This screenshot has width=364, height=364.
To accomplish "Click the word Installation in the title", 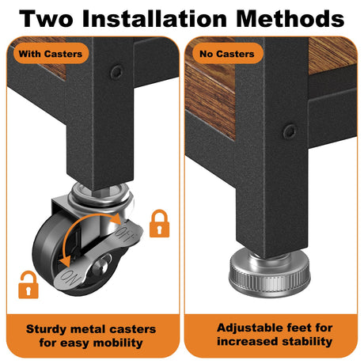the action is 154,19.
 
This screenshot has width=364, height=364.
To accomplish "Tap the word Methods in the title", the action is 290,19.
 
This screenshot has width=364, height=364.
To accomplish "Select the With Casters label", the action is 51,54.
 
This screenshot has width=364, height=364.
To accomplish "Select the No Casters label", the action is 227,54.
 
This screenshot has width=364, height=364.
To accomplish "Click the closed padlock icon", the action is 159,223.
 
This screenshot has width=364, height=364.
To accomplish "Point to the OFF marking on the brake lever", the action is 126,233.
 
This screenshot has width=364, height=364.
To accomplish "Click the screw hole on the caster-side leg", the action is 116,72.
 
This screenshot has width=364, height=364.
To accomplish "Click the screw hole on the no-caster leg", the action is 290,131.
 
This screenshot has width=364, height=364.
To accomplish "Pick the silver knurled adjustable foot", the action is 269,273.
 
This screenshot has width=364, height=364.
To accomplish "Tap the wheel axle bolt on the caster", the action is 100,267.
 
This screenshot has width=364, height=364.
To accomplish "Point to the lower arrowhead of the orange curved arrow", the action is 65,262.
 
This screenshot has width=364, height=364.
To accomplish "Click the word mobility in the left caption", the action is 118,343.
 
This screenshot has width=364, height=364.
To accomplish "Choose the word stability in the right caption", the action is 307,341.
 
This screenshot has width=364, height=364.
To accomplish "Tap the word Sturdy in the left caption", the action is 46,329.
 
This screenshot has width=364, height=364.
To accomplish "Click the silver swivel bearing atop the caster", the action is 100,195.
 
